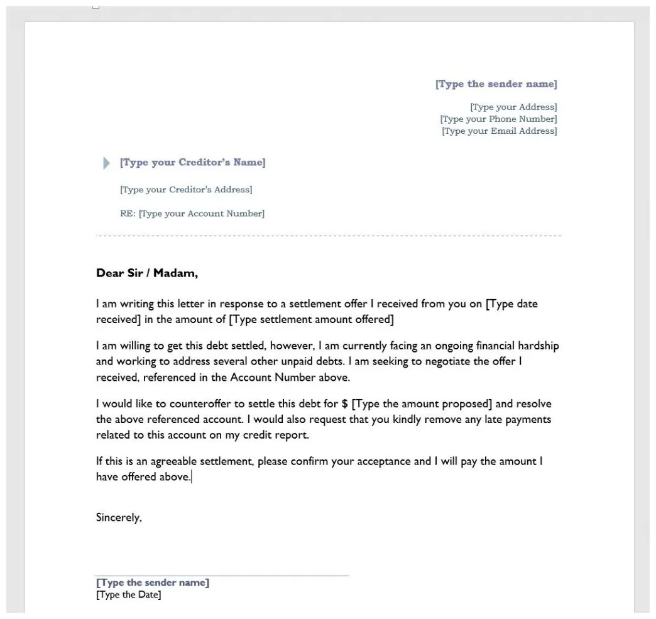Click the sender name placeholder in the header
pyautogui.click(x=496, y=84)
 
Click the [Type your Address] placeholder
pyautogui.click(x=513, y=107)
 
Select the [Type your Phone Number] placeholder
pyautogui.click(x=498, y=119)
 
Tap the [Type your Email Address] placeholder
pyautogui.click(x=499, y=131)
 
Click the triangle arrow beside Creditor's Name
pyautogui.click(x=106, y=163)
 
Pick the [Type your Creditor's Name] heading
pyautogui.click(x=192, y=163)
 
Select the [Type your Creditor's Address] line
pyautogui.click(x=186, y=190)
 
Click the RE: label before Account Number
pyautogui.click(x=128, y=214)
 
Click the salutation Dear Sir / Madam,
pyautogui.click(x=146, y=273)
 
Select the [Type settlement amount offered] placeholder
pyautogui.click(x=311, y=320)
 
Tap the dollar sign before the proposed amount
pyautogui.click(x=345, y=404)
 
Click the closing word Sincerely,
pyautogui.click(x=119, y=518)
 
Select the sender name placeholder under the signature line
pyautogui.click(x=153, y=583)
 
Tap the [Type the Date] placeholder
pyautogui.click(x=128, y=595)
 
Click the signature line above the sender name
pyautogui.click(x=222, y=576)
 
